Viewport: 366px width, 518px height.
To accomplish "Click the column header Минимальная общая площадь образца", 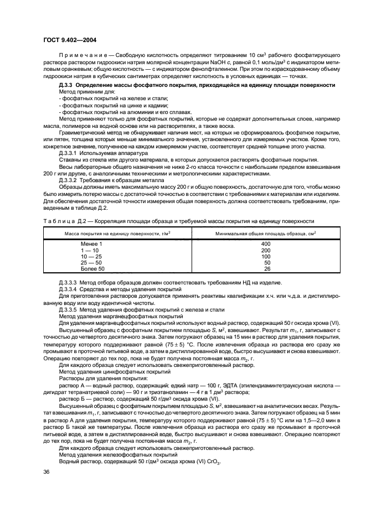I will [x=257, y=233].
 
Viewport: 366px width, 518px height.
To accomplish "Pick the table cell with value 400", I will [x=265, y=244].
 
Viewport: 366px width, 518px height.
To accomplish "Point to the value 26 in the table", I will [x=267, y=269].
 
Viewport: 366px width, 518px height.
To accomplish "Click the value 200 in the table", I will [x=265, y=250].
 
